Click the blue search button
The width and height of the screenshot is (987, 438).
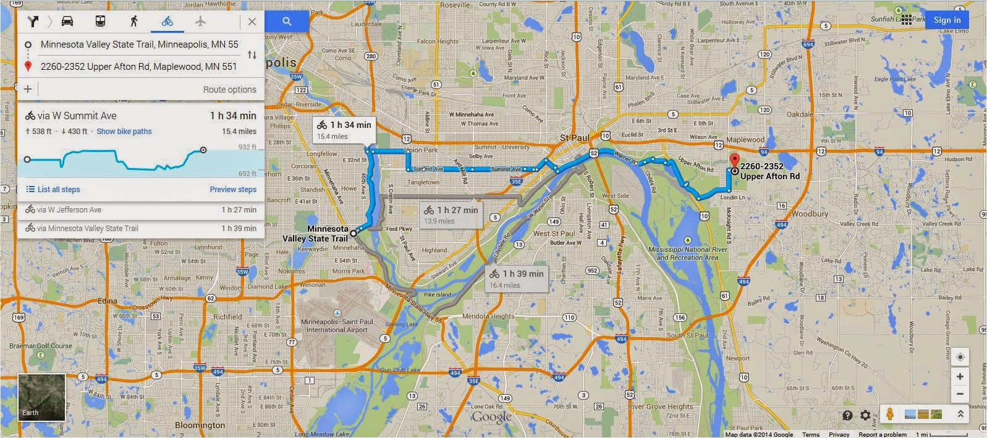[x=287, y=22]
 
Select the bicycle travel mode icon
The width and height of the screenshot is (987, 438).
[x=167, y=22]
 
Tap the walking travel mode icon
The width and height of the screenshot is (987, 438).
[x=133, y=22]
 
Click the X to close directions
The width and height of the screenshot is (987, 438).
[x=252, y=22]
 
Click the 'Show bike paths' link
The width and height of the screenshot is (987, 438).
[x=124, y=132]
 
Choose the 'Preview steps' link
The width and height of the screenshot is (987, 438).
[x=233, y=190]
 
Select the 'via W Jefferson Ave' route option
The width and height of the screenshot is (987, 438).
[x=69, y=210]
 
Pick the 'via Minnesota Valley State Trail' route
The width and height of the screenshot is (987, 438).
[x=87, y=229]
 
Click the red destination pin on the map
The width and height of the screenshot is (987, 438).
[x=734, y=161]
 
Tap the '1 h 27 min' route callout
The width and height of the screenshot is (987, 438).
[x=451, y=214]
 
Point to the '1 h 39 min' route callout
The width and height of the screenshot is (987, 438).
[x=517, y=278]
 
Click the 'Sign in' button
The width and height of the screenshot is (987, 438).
[x=947, y=20]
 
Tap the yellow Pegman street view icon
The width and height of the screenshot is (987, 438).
[x=889, y=415]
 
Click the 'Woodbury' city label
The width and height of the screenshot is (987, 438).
[x=810, y=214]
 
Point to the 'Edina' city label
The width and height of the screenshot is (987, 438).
[x=107, y=301]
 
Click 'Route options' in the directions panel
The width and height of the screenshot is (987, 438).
[x=229, y=90]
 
